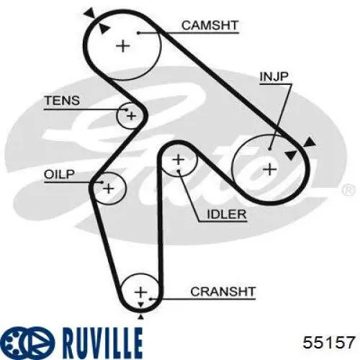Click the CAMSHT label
[210, 25]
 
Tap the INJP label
[274, 76]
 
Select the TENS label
[62, 100]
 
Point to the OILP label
[59, 174]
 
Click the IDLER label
[227, 214]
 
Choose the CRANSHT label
[222, 292]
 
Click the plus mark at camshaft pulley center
[123, 46]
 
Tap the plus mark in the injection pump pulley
[270, 170]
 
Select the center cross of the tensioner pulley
[131, 116]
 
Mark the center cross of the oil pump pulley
[109, 189]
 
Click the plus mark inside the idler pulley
[179, 160]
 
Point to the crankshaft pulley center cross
[141, 292]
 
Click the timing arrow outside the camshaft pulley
[90, 12]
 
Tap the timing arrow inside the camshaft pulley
[104, 29]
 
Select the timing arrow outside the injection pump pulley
[309, 142]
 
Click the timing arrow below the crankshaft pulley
[141, 318]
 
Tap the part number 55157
[328, 343]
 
